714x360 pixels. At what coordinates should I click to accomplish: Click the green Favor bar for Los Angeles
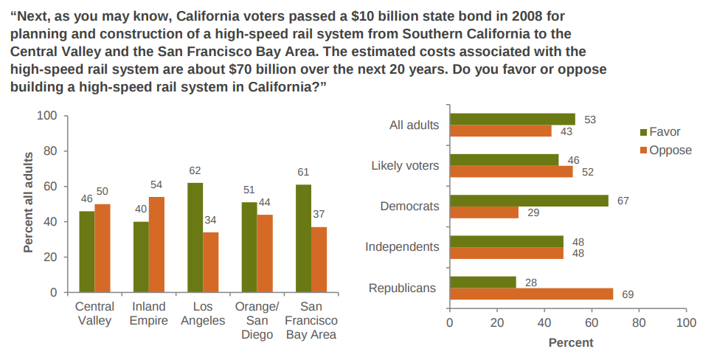[195, 238]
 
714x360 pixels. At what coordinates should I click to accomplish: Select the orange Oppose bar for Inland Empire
[156, 245]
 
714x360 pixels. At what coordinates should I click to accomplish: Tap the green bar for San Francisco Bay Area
[303, 238]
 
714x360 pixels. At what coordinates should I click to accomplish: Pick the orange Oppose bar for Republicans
[531, 294]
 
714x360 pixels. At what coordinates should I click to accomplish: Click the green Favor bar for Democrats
[529, 201]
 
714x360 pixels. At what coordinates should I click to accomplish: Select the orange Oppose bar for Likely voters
[511, 172]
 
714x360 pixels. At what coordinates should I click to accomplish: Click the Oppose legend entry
[665, 150]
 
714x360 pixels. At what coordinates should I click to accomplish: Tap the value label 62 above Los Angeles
[195, 171]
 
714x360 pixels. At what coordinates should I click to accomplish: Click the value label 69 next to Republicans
[627, 294]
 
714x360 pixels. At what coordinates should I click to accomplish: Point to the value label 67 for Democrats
[623, 201]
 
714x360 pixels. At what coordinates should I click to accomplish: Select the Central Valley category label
[94, 313]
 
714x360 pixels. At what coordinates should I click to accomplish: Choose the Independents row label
[402, 246]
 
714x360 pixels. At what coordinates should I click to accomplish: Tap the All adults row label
[414, 125]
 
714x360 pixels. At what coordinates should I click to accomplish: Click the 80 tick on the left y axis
[48, 151]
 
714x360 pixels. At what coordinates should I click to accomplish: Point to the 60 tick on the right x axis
[592, 322]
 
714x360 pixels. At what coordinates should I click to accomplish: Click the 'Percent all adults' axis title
[29, 202]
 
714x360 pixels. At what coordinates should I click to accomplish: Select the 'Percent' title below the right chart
[570, 343]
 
